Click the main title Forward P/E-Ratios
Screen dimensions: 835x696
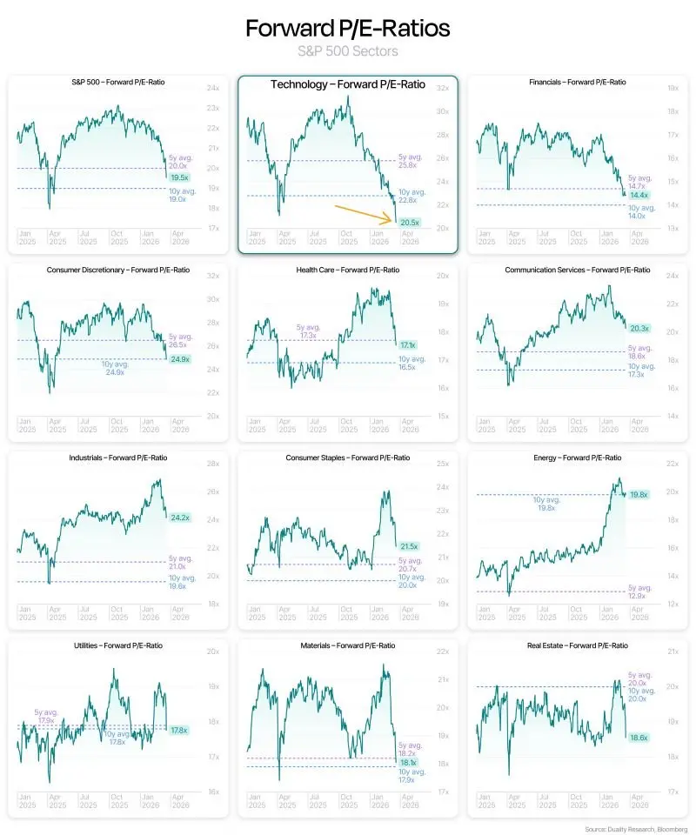[x=347, y=28]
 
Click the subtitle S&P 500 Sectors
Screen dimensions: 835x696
[x=347, y=51]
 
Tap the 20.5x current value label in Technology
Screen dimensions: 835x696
[x=410, y=223]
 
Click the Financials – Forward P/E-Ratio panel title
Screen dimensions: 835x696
[x=577, y=82]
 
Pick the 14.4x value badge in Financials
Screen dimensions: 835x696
[x=639, y=195]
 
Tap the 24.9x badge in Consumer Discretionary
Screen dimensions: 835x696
[x=180, y=358]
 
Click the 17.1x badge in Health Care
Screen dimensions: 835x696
[x=407, y=345]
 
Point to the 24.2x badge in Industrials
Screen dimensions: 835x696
[x=180, y=518]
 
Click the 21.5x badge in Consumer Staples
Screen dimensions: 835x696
[x=409, y=546]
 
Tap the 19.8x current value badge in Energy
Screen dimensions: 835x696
[x=639, y=494]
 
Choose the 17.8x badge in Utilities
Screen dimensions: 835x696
[x=179, y=730]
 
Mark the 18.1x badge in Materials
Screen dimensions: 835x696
[x=408, y=762]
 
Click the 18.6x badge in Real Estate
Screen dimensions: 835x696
[x=639, y=737]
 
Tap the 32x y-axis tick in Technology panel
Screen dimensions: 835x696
[x=442, y=88]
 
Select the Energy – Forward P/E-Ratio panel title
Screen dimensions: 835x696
[x=577, y=458]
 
